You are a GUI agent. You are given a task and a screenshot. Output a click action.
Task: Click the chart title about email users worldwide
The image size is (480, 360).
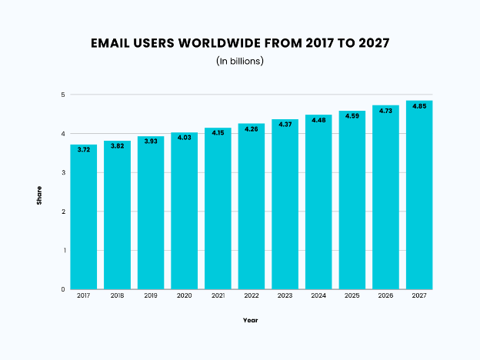240,42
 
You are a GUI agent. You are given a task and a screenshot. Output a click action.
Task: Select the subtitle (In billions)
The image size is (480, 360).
240,61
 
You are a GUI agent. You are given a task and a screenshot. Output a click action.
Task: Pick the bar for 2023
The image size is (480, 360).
285,204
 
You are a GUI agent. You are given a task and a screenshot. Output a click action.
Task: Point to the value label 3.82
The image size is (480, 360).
117,145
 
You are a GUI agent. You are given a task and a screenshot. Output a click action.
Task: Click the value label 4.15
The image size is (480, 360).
218,132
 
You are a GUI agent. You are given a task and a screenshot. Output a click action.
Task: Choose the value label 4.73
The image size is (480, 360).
385,110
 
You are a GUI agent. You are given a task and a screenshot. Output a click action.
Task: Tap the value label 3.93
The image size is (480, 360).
151,141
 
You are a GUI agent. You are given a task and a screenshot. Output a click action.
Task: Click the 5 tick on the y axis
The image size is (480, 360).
62,95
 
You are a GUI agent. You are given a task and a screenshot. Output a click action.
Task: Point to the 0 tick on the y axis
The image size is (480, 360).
62,289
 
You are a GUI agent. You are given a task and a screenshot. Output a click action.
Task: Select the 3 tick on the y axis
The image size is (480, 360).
62,172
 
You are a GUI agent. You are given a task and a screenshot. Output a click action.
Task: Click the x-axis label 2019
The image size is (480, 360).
151,295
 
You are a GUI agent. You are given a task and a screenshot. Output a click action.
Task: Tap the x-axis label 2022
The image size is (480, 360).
252,295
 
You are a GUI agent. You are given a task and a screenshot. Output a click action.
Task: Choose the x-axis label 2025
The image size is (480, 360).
352,295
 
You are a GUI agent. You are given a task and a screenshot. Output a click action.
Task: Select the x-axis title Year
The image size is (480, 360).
251,319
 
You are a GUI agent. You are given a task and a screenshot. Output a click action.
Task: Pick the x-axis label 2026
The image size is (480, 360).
385,295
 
